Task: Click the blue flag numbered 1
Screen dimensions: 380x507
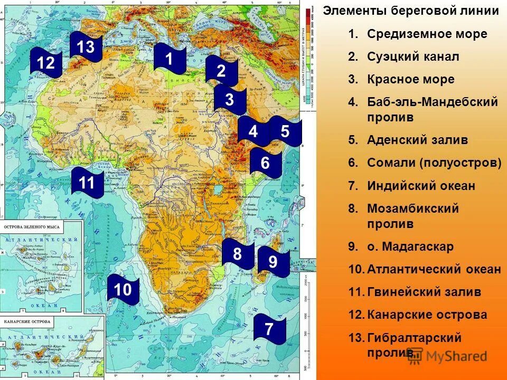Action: (x=170, y=59)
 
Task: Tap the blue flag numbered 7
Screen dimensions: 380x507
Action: (x=269, y=328)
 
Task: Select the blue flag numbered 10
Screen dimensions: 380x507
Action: (x=123, y=290)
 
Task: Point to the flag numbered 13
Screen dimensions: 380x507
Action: (x=86, y=47)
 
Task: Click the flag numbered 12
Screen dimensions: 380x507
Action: (x=46, y=63)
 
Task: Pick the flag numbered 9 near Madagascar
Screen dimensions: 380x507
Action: (x=273, y=262)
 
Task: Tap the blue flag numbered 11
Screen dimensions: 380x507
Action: (x=87, y=183)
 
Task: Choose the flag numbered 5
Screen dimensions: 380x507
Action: (x=285, y=131)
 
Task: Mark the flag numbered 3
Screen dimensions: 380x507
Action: (x=230, y=99)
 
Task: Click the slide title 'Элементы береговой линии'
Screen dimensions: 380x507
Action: (x=411, y=11)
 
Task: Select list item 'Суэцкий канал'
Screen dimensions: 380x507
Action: (x=413, y=56)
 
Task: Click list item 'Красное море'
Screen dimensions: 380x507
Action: (x=410, y=80)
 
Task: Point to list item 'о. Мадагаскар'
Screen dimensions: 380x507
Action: (x=410, y=246)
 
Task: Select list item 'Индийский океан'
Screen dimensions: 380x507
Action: (x=421, y=186)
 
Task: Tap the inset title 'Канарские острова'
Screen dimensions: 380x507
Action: (x=27, y=321)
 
